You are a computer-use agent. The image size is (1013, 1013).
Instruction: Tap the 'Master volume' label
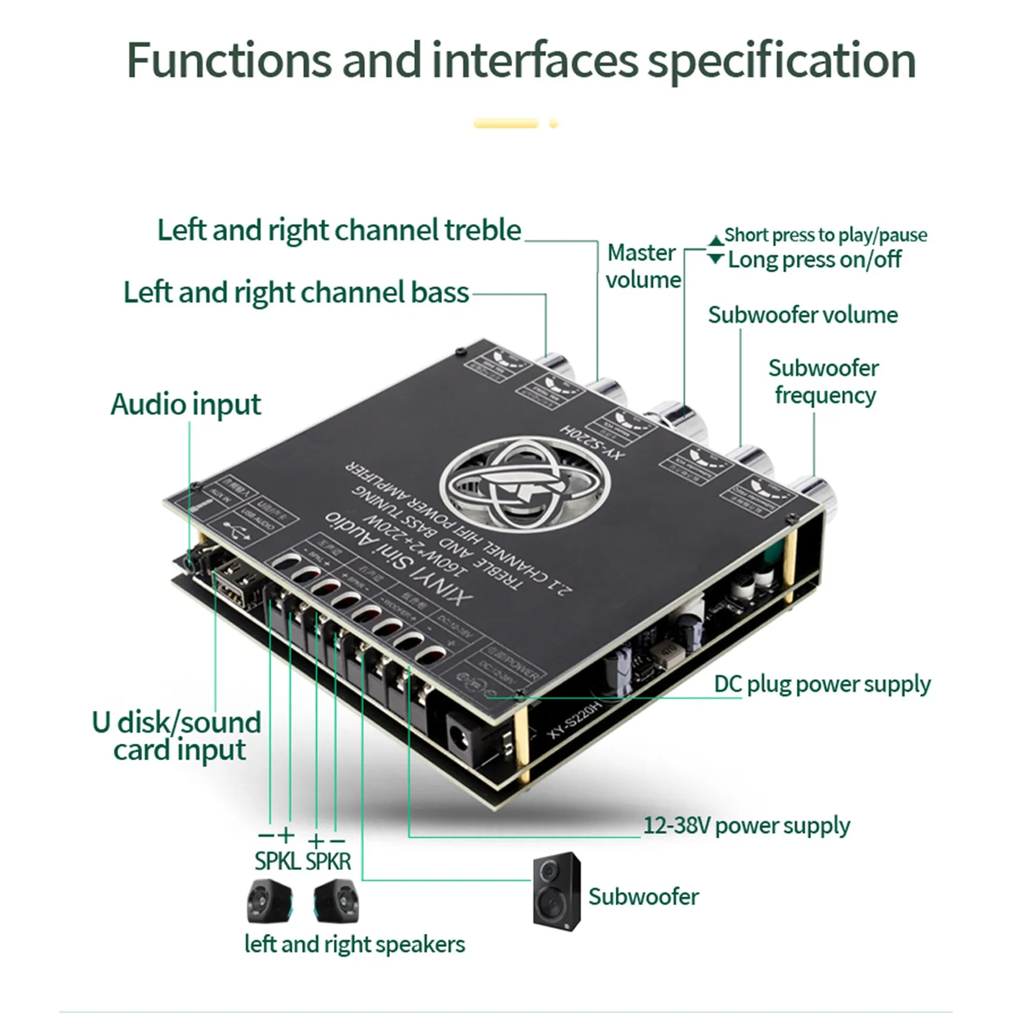pos(643,266)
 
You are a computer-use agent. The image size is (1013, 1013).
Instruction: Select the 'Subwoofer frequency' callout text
pos(824,381)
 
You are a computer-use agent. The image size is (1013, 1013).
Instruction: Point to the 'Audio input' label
pos(185,405)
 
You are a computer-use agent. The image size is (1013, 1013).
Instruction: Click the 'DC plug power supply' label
pos(822,684)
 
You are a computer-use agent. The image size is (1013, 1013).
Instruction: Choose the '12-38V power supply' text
pos(747,826)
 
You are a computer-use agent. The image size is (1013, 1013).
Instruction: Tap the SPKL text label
pos(277,861)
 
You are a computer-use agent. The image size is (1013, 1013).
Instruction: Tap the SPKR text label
pos(328,861)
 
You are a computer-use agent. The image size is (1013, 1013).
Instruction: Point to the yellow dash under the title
pos(506,124)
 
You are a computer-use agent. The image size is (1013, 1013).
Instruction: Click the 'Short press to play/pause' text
pos(825,235)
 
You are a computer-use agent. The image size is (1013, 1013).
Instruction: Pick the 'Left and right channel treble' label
pos(339,230)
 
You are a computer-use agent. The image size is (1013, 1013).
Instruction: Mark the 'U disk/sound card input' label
pos(177,736)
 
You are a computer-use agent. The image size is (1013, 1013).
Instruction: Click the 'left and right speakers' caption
pos(355,944)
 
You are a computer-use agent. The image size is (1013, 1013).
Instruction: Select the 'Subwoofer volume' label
pos(803,315)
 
